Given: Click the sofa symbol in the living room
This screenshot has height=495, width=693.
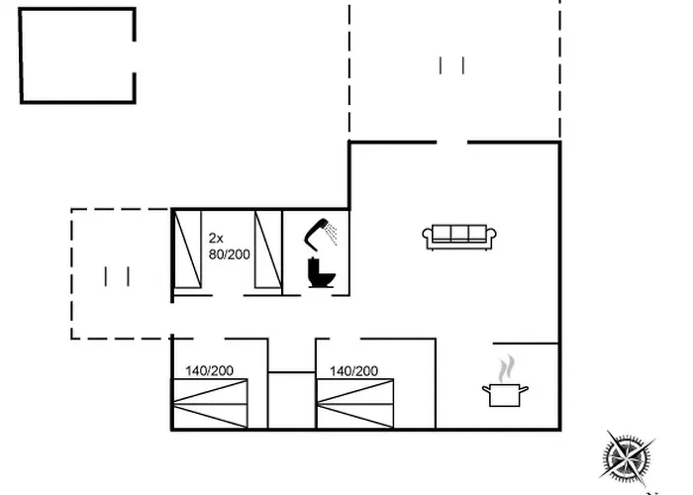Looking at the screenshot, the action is pyautogui.click(x=459, y=238).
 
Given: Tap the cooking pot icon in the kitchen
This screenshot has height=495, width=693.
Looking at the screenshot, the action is pyautogui.click(x=505, y=395).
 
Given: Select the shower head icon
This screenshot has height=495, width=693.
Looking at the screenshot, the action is pyautogui.click(x=320, y=233).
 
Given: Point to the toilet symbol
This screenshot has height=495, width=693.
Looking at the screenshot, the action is pyautogui.click(x=321, y=272).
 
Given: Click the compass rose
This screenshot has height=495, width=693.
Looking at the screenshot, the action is pyautogui.click(x=627, y=457).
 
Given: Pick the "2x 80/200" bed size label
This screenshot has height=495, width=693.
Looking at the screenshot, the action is pyautogui.click(x=229, y=247).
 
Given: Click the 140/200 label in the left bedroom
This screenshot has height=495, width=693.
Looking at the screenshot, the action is pyautogui.click(x=209, y=371).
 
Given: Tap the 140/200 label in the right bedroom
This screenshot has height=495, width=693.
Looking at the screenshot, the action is pyautogui.click(x=353, y=371).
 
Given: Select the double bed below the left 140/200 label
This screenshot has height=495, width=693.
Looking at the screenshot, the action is pyautogui.click(x=210, y=404).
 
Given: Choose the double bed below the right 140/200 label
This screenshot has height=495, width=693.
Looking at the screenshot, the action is pyautogui.click(x=355, y=404).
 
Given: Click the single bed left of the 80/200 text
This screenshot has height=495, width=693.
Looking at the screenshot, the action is pyautogui.click(x=188, y=249).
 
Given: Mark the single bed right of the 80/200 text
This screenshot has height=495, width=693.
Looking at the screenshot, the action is pyautogui.click(x=268, y=249).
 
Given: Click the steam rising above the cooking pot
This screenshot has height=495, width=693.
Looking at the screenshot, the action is pyautogui.click(x=507, y=368).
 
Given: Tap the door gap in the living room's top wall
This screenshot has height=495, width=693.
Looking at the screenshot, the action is pyautogui.click(x=451, y=143).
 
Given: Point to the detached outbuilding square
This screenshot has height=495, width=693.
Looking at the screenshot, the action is pyautogui.click(x=77, y=55).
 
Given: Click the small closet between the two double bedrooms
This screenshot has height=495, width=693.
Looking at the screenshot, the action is pyautogui.click(x=292, y=400).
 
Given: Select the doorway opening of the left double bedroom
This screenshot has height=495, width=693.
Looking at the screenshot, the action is pyautogui.click(x=209, y=339).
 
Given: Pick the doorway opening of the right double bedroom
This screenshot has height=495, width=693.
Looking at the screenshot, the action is pyautogui.click(x=345, y=339).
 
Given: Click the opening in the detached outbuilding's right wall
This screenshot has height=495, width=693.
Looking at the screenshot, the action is pyautogui.click(x=134, y=57).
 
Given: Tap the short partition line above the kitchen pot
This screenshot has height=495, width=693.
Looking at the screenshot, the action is pyautogui.click(x=526, y=343).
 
